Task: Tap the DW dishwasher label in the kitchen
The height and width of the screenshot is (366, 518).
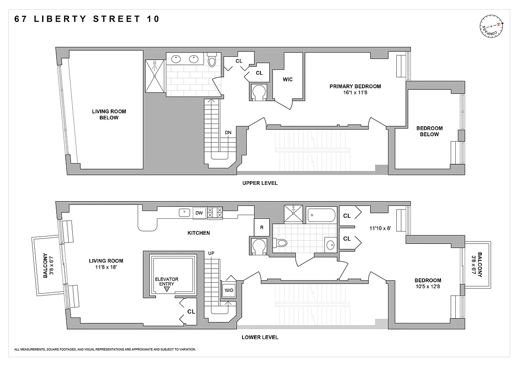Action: point(199,213)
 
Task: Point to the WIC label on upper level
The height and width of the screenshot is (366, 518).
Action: point(287,80)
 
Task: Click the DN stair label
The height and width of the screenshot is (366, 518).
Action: point(228,133)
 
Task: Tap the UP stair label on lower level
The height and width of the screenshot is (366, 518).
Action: point(211,253)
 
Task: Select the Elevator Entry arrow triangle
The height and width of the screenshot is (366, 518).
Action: point(167,290)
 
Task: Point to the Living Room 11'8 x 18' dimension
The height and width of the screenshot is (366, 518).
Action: point(106,267)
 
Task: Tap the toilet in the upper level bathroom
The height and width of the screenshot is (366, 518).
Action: point(212,60)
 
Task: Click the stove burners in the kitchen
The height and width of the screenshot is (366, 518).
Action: point(215,213)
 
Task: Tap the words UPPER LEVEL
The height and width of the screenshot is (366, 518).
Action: point(260,183)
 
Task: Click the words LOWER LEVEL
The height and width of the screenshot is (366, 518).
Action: point(260,338)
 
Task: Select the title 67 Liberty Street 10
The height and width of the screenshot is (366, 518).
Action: point(87,19)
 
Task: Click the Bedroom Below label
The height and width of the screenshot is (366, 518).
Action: point(429,131)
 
